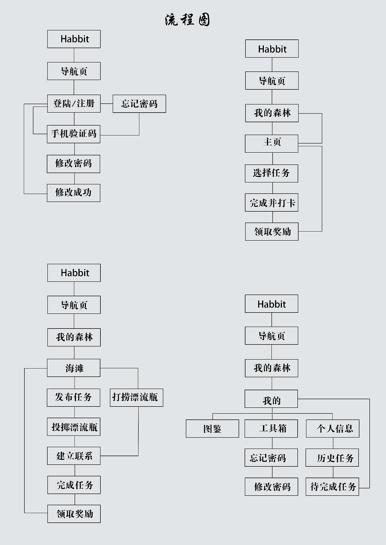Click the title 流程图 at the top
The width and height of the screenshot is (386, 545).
pos(187,20)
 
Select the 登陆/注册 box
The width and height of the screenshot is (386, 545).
pos(74,104)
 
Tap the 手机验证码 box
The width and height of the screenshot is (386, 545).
pos(74,134)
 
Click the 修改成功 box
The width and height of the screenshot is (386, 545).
pos(74,193)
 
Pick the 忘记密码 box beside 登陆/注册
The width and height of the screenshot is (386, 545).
pos(139,104)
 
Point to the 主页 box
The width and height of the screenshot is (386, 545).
pos(272,144)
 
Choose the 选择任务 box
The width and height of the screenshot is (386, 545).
pos(271,173)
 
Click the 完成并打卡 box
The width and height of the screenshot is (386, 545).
pos(272,203)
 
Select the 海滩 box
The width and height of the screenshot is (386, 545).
pos(74,368)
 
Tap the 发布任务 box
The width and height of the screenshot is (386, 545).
pos(74,398)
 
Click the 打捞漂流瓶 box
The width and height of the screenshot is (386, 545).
pos(137,398)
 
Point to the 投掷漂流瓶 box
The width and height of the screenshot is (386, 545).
pos(74,427)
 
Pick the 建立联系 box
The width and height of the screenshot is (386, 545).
pos(74,456)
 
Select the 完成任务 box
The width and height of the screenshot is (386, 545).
pos(74,485)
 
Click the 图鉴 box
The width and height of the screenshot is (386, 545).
pos(212,429)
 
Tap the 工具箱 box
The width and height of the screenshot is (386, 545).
pos(271,429)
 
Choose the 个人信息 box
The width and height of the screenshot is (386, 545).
pos(333,429)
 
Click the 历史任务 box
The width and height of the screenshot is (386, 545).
pos(332,458)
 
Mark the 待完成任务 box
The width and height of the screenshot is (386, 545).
pos(332,487)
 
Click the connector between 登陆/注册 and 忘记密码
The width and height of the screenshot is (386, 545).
pos(107,104)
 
